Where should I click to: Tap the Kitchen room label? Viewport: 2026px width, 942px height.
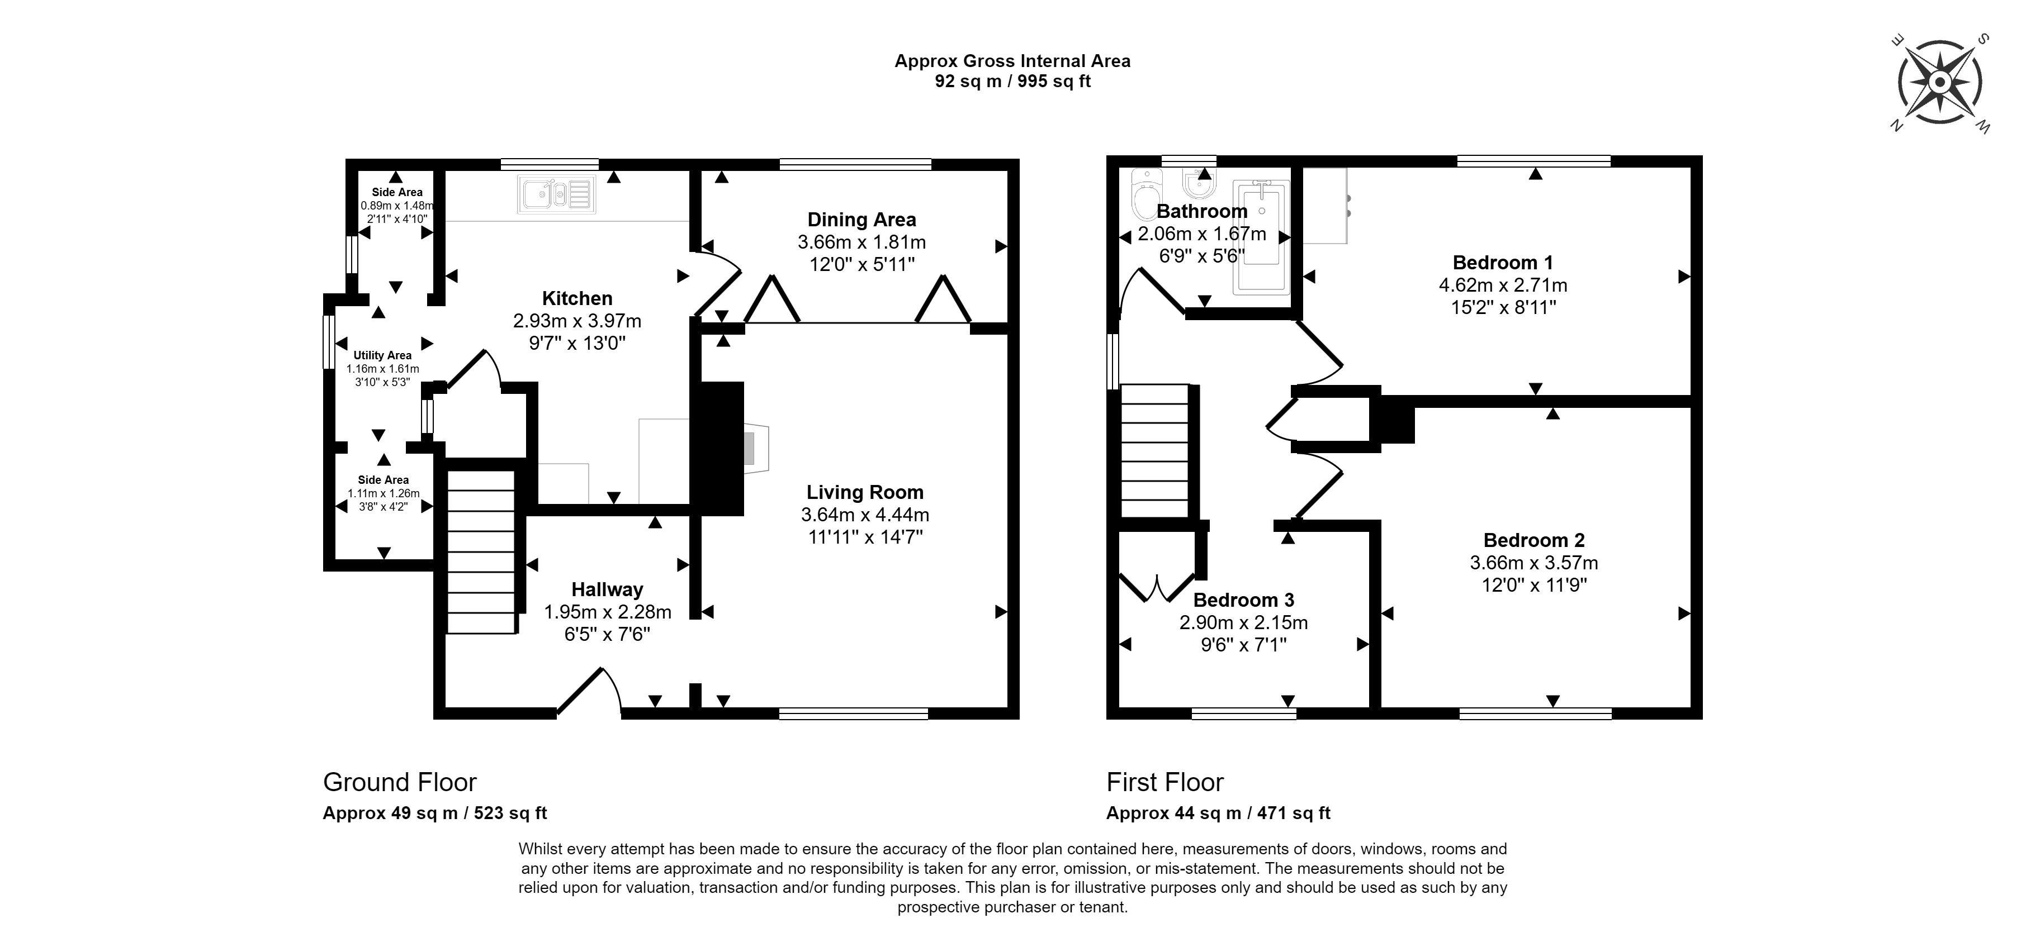coord(577,298)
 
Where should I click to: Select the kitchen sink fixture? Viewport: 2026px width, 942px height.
coord(557,194)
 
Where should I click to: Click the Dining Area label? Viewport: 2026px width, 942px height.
coord(862,220)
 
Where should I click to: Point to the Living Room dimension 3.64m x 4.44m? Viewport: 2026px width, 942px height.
coord(865,515)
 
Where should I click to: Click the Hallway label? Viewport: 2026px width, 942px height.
coord(607,589)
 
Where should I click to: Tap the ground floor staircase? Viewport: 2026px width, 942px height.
coord(481,551)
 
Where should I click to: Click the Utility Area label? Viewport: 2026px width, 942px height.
coord(382,355)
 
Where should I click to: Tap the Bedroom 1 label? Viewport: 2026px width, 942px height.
coord(1503,263)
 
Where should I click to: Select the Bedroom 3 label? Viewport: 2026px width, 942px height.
coord(1243,600)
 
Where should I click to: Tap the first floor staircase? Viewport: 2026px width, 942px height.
coord(1154,450)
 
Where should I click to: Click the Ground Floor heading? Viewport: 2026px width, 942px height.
coord(400,782)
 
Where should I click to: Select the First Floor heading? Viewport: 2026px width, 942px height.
coord(1165,782)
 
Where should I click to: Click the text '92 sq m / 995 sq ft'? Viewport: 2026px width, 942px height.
coord(1012,81)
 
